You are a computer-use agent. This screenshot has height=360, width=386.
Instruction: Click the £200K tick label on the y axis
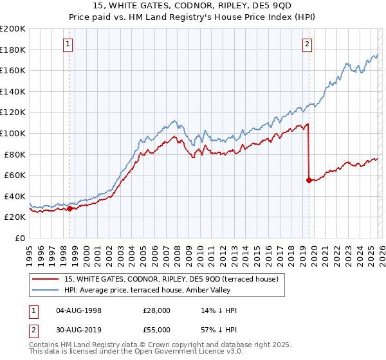pos(13,29)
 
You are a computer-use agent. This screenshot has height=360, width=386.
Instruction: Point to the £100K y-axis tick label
pos(13,134)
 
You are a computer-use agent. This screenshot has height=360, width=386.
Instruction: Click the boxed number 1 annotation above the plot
pos(68,44)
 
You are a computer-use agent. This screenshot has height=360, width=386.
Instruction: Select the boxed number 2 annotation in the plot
pos(308,44)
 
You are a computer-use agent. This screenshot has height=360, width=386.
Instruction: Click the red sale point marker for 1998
pos(69,208)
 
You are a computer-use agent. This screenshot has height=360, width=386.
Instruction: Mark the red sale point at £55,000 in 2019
pos(309,181)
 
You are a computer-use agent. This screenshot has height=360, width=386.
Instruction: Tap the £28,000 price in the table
pos(156,310)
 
